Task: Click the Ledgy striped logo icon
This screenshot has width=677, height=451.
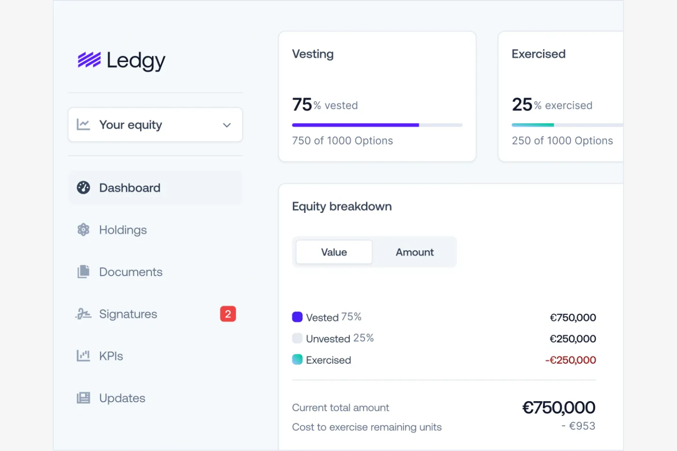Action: pyautogui.click(x=89, y=60)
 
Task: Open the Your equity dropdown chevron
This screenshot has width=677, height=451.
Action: pyautogui.click(x=226, y=125)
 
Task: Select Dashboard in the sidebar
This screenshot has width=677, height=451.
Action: pyautogui.click(x=129, y=188)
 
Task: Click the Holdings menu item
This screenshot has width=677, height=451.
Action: pyautogui.click(x=123, y=230)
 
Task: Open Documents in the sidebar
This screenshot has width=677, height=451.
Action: pyautogui.click(x=130, y=272)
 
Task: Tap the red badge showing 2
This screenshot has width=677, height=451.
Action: pyautogui.click(x=228, y=314)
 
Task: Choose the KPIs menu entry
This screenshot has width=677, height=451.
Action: pyautogui.click(x=111, y=356)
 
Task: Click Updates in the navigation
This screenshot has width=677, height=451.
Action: pyautogui.click(x=122, y=398)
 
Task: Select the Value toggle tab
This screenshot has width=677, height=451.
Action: pyautogui.click(x=334, y=252)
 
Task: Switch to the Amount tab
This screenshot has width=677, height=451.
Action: pyautogui.click(x=414, y=252)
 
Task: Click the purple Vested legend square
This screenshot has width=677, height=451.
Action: pyautogui.click(x=297, y=317)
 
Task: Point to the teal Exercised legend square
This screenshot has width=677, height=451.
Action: pyautogui.click(x=297, y=360)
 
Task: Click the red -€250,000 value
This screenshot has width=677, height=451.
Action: pyautogui.click(x=570, y=360)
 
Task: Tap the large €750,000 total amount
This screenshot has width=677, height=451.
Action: pyautogui.click(x=559, y=407)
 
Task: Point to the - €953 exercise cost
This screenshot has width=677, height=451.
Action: pyautogui.click(x=579, y=426)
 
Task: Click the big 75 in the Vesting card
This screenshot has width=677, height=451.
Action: pyautogui.click(x=302, y=105)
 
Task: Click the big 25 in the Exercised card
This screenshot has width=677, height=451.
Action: pyautogui.click(x=522, y=105)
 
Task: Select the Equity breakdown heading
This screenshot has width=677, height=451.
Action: pyautogui.click(x=342, y=207)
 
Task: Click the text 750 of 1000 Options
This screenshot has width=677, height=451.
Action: pyautogui.click(x=342, y=141)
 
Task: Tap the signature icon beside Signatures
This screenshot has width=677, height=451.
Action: pyautogui.click(x=83, y=314)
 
